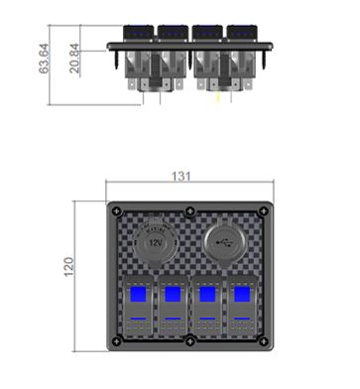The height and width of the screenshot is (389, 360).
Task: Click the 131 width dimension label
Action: (x=180, y=177)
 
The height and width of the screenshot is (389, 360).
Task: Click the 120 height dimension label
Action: (x=68, y=267)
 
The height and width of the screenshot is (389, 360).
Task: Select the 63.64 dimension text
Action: (x=44, y=59)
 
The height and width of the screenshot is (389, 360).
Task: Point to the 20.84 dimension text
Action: (x=74, y=59)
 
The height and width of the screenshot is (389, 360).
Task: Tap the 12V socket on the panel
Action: (x=156, y=243)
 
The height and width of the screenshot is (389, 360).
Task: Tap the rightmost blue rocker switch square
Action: (x=242, y=294)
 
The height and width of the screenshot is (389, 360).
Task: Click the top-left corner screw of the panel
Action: (x=116, y=211)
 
